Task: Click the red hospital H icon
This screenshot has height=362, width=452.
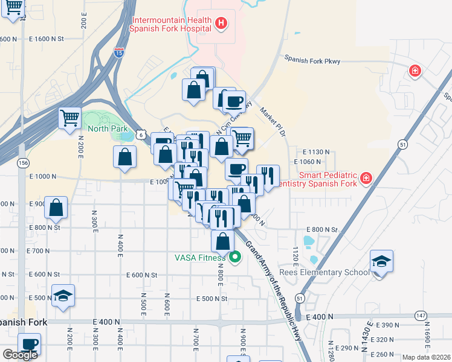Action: coord(221,24)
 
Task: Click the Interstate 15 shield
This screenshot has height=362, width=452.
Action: coord(120,51)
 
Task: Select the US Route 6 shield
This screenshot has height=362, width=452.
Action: coord(140,136)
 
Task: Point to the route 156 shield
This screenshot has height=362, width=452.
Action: coord(23,164)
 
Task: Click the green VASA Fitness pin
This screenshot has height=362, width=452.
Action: coord(234,258)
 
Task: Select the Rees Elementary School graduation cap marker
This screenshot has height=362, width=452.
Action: coord(381,262)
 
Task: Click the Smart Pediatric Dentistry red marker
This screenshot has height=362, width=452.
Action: coord(366,178)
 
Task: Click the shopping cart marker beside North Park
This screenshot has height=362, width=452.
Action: coord(70,118)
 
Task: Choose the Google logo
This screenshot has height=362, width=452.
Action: coord(20,355)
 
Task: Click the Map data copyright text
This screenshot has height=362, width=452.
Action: coord(426,357)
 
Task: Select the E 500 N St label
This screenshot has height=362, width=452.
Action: coord(211,299)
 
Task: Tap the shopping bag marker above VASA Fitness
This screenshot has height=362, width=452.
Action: coord(223,241)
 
